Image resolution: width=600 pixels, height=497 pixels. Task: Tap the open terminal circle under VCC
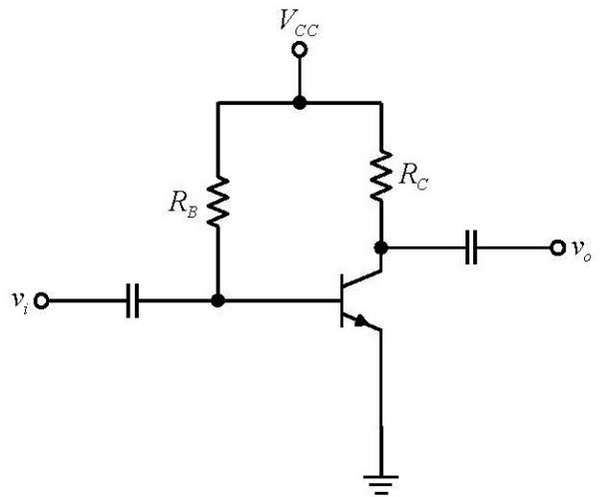[x=300, y=50]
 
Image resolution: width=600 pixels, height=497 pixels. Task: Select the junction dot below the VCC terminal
[x=300, y=103]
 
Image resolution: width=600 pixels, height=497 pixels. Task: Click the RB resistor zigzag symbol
[x=218, y=202]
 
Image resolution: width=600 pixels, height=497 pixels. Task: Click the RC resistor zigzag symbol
[x=381, y=176]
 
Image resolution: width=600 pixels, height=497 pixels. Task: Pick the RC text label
[x=413, y=177]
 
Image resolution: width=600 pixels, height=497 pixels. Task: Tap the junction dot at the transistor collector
[x=380, y=248]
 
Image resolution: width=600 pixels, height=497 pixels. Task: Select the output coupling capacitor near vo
[x=471, y=248]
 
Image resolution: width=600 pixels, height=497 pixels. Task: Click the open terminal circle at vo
[x=557, y=248]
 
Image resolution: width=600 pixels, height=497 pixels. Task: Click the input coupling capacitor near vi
[x=133, y=300]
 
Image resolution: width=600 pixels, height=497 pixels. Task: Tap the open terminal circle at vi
[x=41, y=300]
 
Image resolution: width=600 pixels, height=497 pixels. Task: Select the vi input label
[x=20, y=301]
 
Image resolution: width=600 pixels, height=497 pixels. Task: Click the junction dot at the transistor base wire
[x=218, y=300]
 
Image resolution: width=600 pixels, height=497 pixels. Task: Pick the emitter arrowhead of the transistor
[x=360, y=320]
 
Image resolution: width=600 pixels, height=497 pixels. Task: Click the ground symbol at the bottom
[x=380, y=485]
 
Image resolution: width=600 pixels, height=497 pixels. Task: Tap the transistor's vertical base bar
[x=341, y=300]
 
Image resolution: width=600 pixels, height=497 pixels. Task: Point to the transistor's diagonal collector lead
[x=362, y=279]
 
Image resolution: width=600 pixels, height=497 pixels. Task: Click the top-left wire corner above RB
[x=218, y=103]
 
